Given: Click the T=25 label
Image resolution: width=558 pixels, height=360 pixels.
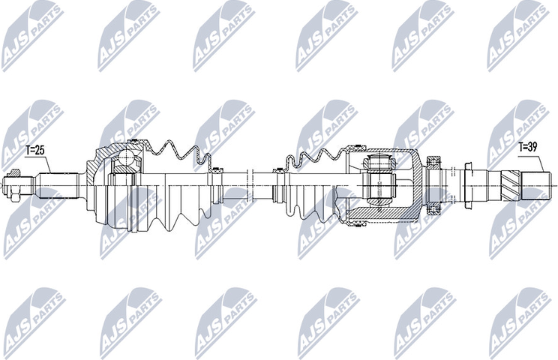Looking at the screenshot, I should (x=35, y=150).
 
